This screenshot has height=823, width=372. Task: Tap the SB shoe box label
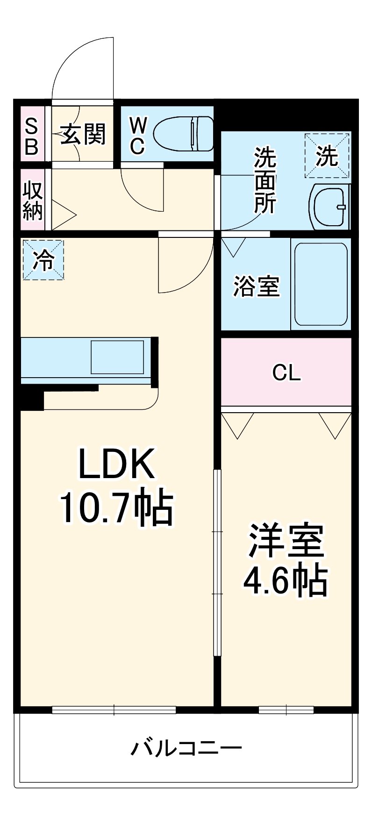31,136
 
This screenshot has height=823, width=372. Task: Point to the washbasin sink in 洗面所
330,206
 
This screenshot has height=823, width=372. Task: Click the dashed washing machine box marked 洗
327,156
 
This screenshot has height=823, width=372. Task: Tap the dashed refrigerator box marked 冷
43,259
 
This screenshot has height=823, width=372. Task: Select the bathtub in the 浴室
321,285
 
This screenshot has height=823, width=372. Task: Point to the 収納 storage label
33,200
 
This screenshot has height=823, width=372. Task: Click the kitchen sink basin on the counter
117,357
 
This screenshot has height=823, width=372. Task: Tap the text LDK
116,464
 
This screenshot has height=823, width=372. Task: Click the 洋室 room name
286,541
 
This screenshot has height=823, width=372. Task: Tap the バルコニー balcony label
186,748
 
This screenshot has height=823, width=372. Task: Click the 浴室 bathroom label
256,286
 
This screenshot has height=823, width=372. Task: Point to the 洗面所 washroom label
265,180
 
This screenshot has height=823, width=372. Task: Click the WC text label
138,136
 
